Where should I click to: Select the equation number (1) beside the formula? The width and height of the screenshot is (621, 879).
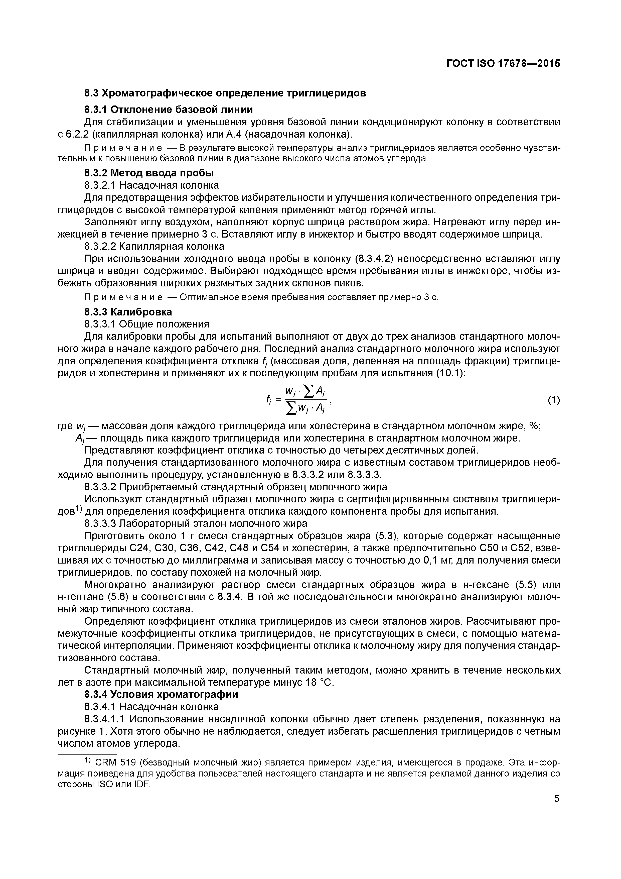point(554,400)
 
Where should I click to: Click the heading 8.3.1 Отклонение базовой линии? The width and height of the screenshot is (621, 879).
point(169,109)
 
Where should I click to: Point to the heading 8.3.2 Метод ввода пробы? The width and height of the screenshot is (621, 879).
point(149,173)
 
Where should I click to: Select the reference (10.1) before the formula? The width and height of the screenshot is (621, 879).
point(450,373)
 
